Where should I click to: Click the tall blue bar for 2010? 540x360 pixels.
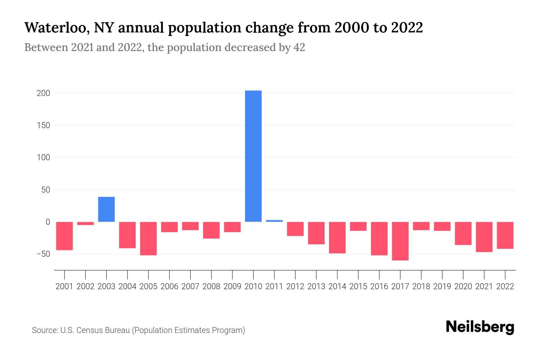pos(253,156)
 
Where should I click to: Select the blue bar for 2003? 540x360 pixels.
pos(106,209)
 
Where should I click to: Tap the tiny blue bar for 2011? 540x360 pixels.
pos(274,221)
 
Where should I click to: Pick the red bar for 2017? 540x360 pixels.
pos(400,241)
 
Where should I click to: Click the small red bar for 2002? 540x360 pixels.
pos(85,223)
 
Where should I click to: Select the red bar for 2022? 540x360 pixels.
pos(505,235)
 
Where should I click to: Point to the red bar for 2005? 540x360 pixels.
pos(148,238)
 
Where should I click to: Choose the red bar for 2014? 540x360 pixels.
pos(337,238)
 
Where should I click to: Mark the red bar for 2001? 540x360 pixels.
pos(64,236)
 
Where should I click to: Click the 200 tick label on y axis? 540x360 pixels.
pos(43,93)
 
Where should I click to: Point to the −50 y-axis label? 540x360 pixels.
pos(43,254)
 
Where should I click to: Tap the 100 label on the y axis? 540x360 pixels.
pos(43,157)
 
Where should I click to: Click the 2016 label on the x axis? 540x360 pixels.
pos(379,286)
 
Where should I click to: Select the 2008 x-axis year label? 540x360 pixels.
pos(211,286)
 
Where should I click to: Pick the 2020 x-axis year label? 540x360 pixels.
pos(463,286)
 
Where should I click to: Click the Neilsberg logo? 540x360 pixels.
pos(480,327)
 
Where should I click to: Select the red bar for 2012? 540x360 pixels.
pos(295,229)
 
